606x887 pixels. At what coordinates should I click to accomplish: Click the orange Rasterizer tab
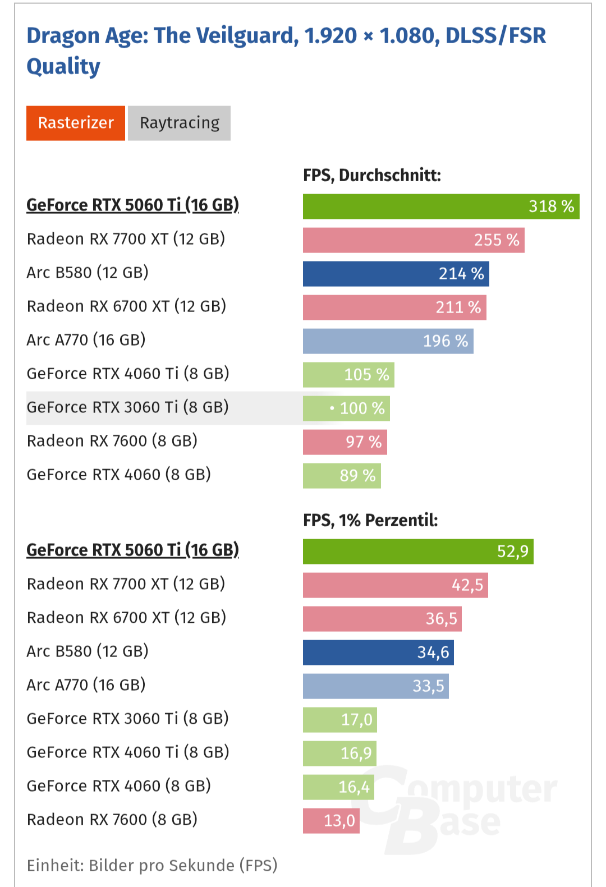point(76,123)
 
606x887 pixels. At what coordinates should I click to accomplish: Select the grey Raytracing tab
point(179,123)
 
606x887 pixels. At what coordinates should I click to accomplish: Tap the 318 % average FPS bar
point(440,206)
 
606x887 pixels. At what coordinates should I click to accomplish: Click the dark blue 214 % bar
point(396,274)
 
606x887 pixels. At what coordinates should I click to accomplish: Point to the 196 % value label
point(446,341)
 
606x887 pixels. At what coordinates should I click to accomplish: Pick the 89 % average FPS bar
point(342,476)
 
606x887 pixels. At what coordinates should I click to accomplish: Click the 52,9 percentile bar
point(417,551)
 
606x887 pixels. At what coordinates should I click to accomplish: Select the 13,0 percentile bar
point(331,821)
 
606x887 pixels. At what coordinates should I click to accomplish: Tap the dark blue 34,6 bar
point(378,652)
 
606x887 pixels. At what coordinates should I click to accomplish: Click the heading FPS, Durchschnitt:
point(372,176)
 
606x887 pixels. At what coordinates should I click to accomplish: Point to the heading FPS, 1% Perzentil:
point(370,521)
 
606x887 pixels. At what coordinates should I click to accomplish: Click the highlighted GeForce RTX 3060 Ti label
point(128,407)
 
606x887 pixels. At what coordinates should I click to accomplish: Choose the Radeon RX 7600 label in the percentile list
point(112,820)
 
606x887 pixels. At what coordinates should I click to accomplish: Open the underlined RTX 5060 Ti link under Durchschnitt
point(132,205)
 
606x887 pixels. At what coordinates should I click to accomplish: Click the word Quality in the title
point(63,67)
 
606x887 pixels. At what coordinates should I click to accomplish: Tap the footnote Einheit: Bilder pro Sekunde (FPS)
point(152,866)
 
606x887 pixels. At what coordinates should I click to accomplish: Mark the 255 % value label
point(497,240)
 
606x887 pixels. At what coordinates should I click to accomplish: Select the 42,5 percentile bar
point(395,585)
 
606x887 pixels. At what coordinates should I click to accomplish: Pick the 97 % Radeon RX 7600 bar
point(345,442)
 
